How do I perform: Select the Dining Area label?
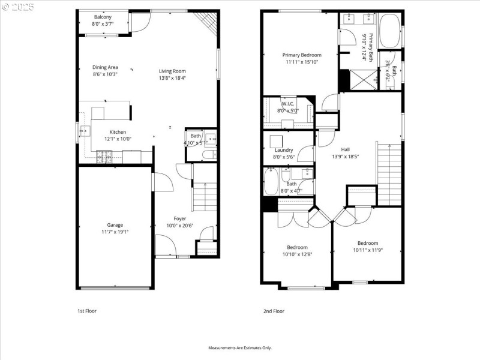pyautogui.click(x=105, y=67)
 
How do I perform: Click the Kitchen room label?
pyautogui.click(x=117, y=132)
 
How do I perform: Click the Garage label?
pyautogui.click(x=115, y=225)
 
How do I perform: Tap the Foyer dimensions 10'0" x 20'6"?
pyautogui.click(x=180, y=226)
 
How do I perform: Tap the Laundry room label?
pyautogui.click(x=284, y=150)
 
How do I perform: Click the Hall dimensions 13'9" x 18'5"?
pyautogui.click(x=345, y=157)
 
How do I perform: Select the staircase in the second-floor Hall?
pyautogui.click(x=388, y=171)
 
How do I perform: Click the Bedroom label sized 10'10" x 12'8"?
pyautogui.click(x=297, y=247)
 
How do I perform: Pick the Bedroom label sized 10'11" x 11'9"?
pyautogui.click(x=368, y=243)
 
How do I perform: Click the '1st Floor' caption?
pyautogui.click(x=87, y=311)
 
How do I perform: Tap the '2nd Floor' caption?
pyautogui.click(x=274, y=311)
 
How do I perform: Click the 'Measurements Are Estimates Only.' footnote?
pyautogui.click(x=240, y=348)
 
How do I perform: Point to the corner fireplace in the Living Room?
pyautogui.click(x=208, y=23)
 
